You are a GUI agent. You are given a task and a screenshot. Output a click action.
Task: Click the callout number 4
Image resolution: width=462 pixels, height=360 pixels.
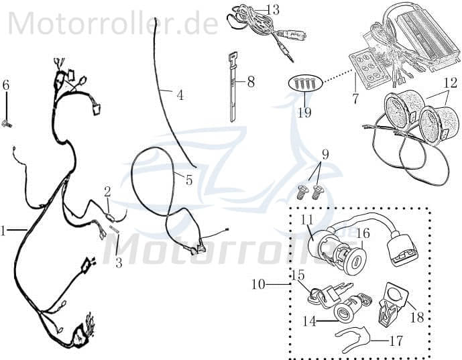180,95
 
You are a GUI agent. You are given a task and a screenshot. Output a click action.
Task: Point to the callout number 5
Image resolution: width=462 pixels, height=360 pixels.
188,180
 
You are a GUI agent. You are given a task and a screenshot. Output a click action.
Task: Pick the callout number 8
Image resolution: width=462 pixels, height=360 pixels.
251,82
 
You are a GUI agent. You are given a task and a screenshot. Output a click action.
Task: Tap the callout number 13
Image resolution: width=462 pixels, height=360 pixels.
254,9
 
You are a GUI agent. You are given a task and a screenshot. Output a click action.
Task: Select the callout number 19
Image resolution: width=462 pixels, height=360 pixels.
304,112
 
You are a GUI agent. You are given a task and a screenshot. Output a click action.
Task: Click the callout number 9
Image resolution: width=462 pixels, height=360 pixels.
325,154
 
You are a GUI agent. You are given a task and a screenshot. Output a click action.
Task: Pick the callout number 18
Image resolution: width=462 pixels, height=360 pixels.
416,316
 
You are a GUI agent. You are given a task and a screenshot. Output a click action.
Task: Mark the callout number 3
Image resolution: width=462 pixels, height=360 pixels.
119,263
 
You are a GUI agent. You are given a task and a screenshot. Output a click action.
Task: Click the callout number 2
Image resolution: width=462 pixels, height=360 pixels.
107,192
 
